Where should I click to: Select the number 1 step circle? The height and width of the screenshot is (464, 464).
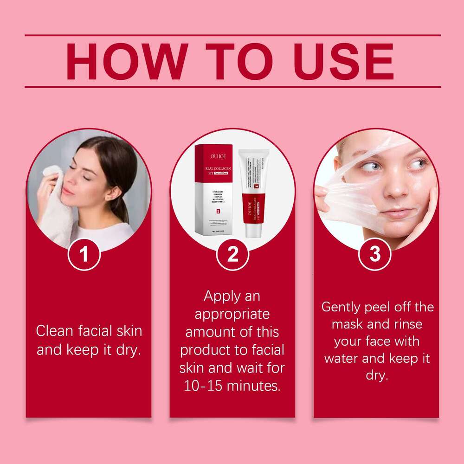click(x=84, y=254)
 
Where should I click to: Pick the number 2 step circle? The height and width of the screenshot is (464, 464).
click(x=232, y=254)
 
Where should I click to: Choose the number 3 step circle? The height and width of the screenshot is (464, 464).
click(x=375, y=254)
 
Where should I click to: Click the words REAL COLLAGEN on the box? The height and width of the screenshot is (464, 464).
click(x=213, y=170)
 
